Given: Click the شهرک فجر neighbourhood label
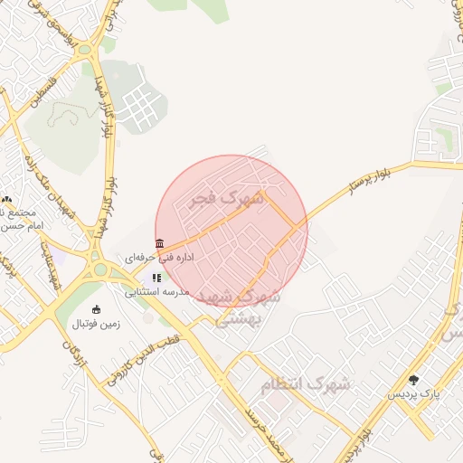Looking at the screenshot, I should pos(226,198).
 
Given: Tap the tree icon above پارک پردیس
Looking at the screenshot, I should pos(414,381).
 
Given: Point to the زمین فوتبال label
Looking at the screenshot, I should pos(96,323).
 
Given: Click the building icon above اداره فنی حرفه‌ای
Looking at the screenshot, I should pos(159,243).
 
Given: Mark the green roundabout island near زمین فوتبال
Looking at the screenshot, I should pos(99,269).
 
